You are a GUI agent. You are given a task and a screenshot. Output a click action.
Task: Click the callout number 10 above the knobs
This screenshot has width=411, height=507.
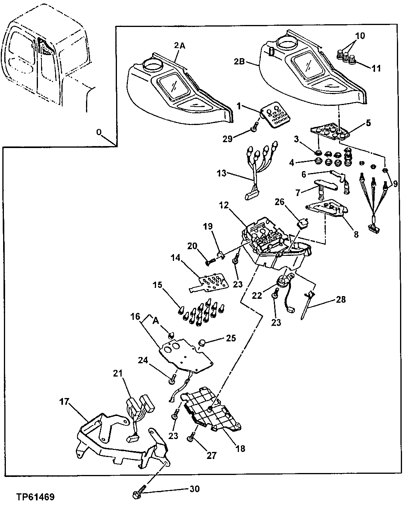tap(359, 36)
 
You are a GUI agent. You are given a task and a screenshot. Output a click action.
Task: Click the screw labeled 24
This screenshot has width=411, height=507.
tap(172, 377)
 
